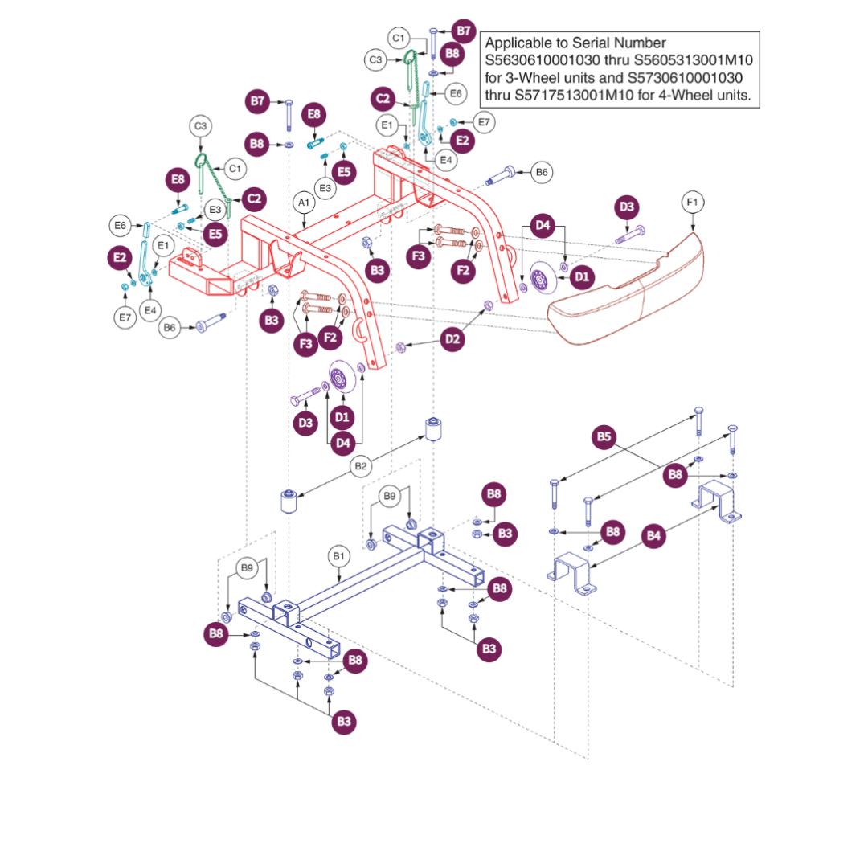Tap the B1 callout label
pos(338,555)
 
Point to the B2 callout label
pos(361,465)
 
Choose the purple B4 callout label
pos(655,534)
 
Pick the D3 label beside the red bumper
pos(627,208)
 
